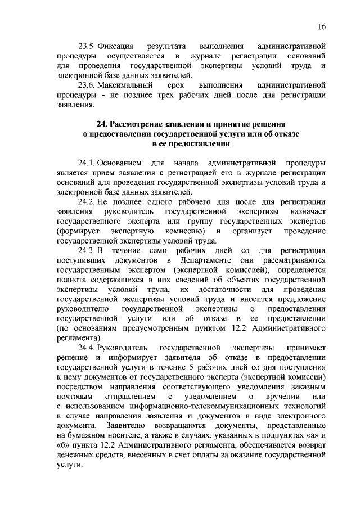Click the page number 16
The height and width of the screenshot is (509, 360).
pos(321,26)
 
